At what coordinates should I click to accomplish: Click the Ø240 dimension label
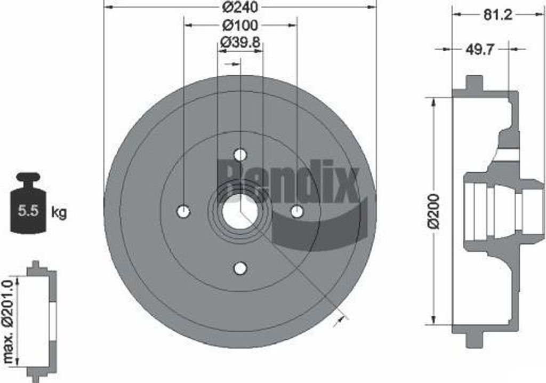tap(240, 7)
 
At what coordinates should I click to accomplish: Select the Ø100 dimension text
tap(240, 25)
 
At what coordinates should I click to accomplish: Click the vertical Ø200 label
tap(435, 211)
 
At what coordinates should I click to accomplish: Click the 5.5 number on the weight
tap(28, 211)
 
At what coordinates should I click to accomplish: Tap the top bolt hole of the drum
tap(240, 154)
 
